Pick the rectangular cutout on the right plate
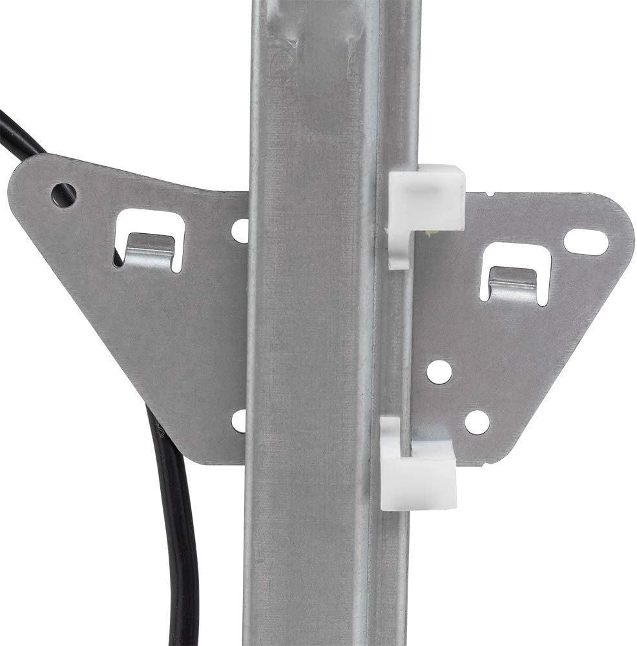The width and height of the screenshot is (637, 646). [x=516, y=271]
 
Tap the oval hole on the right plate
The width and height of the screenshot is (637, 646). [x=586, y=242]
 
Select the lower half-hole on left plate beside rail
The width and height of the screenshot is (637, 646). [x=240, y=421]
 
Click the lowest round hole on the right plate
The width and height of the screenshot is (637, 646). [x=477, y=422]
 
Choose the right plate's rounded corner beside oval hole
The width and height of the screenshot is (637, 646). [x=620, y=233]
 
